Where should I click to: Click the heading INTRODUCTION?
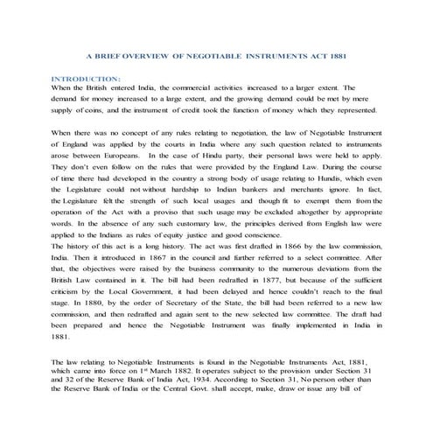[86, 79]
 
